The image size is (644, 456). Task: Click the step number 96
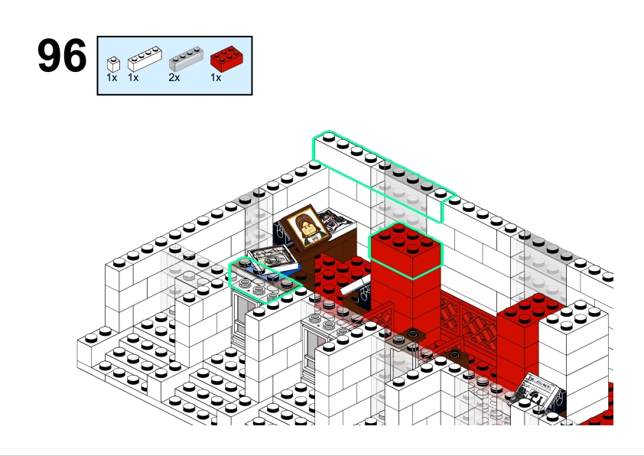[x=62, y=55]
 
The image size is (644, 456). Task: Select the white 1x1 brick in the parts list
[x=113, y=64]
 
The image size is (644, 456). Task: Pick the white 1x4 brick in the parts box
[x=145, y=59]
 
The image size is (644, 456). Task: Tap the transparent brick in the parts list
[x=186, y=59]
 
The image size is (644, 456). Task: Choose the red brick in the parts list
[x=226, y=59]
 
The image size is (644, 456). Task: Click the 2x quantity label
[x=174, y=77]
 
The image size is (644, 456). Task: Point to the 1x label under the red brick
[x=216, y=77]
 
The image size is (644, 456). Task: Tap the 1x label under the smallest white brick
[x=112, y=77]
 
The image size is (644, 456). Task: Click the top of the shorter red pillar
[x=531, y=308]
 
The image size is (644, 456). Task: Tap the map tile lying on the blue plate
[x=273, y=258]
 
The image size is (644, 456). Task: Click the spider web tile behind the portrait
[x=336, y=220]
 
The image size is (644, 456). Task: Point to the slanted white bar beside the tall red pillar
[x=356, y=285]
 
